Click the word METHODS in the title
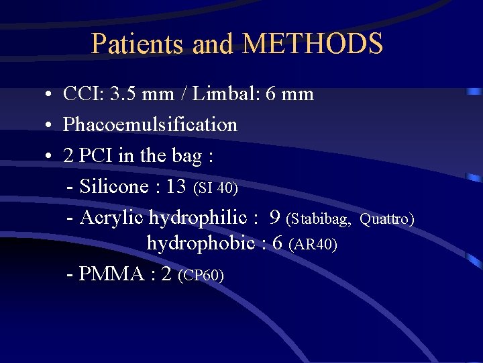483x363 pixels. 313,44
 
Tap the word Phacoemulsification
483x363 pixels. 150,125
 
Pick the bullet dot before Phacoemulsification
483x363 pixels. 50,126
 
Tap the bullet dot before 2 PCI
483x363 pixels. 50,157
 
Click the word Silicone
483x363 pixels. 115,187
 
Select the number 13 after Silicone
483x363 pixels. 175,187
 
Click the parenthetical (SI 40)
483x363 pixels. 215,189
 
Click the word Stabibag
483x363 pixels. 321,220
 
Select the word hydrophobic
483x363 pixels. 201,243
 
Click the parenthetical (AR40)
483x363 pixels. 312,245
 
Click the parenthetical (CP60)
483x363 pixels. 201,276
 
